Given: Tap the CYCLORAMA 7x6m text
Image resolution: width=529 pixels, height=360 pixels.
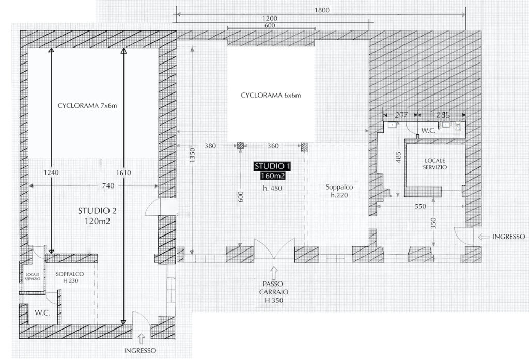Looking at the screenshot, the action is pos(87,105).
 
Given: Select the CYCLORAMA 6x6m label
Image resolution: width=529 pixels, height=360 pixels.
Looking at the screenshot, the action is pos(271,95).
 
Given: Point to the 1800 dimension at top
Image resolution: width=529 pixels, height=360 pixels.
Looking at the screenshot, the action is pos(321,10).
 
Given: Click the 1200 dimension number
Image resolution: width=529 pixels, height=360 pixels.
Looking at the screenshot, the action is pos(270,19).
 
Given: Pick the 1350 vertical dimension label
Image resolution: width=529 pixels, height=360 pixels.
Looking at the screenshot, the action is pos(192,155).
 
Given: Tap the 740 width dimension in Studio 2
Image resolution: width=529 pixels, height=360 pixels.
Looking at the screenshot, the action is pos(108,186).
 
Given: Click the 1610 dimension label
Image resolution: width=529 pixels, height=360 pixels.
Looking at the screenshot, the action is pos(123,173).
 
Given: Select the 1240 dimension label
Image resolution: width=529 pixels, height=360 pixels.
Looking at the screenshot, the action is pos(51,173).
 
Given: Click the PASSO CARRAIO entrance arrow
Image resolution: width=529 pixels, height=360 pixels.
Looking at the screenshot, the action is pos(274,271).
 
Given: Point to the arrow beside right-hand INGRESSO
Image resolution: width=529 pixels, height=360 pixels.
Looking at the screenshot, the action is pos(484,237).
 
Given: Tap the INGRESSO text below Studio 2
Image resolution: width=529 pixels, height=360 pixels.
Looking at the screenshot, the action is pos(140,351).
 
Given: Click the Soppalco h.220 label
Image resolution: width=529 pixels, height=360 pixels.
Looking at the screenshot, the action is pos(339,191).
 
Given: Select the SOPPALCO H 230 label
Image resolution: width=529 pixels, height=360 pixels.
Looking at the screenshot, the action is pos(70,277).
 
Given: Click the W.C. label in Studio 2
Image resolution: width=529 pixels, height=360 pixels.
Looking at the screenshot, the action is pos(42,313).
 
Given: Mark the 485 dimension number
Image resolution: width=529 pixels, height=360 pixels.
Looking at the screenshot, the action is pos(399,157).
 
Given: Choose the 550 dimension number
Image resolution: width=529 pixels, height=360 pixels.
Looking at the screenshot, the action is pos(421,206).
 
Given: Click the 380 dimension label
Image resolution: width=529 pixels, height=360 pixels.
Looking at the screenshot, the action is pos(210,146).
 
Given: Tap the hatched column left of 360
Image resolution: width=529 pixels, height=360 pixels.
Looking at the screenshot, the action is pos(240,146).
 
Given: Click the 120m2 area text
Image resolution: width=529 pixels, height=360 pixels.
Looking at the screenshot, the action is pos(97,222).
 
